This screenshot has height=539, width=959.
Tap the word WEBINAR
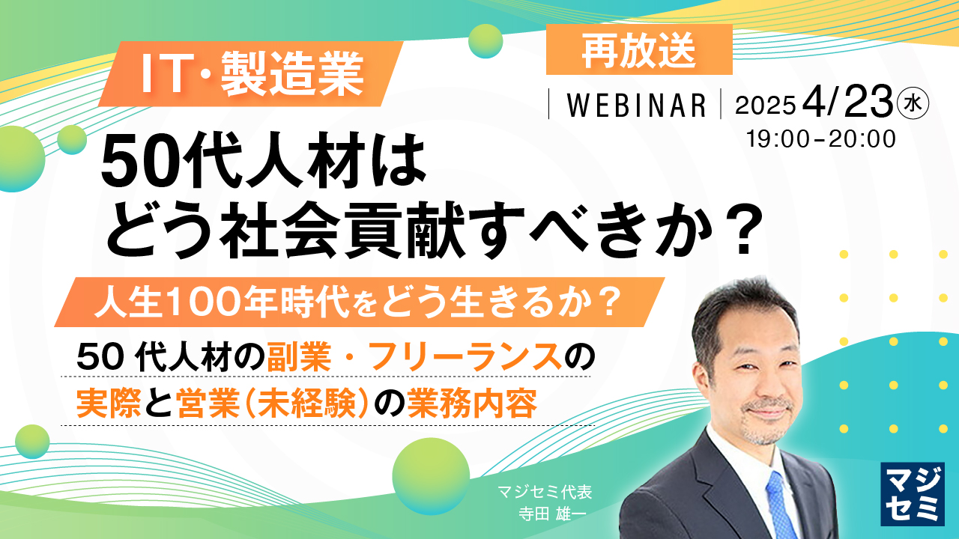(636, 106)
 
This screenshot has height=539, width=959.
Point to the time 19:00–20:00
(821, 138)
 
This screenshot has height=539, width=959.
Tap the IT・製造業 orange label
(253, 74)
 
